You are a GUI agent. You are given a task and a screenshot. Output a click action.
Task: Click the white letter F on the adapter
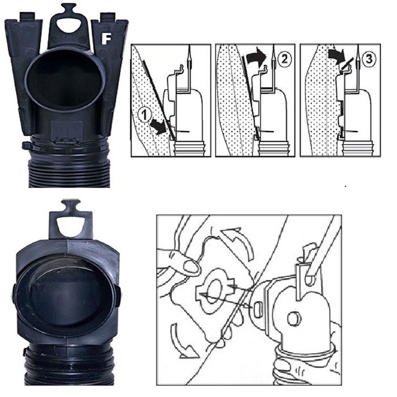click(x=106, y=39)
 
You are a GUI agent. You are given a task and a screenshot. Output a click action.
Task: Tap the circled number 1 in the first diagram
click(x=145, y=115)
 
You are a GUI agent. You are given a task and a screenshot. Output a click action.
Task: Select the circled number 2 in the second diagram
click(x=284, y=59)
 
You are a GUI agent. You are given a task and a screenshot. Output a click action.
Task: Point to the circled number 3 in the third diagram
click(x=369, y=59)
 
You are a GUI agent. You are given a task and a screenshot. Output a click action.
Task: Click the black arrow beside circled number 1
click(x=158, y=127)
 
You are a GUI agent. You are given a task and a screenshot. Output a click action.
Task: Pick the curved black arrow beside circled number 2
click(x=256, y=56)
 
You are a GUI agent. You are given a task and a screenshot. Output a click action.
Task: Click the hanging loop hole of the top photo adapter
click(x=69, y=25)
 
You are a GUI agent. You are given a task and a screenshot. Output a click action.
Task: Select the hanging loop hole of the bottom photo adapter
click(x=70, y=224)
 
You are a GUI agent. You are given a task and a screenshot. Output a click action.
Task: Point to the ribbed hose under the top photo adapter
click(x=69, y=167)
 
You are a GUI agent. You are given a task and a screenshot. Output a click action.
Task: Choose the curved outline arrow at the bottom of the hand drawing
click(x=180, y=342)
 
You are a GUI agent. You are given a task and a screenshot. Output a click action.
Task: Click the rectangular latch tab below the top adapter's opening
click(x=67, y=132)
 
